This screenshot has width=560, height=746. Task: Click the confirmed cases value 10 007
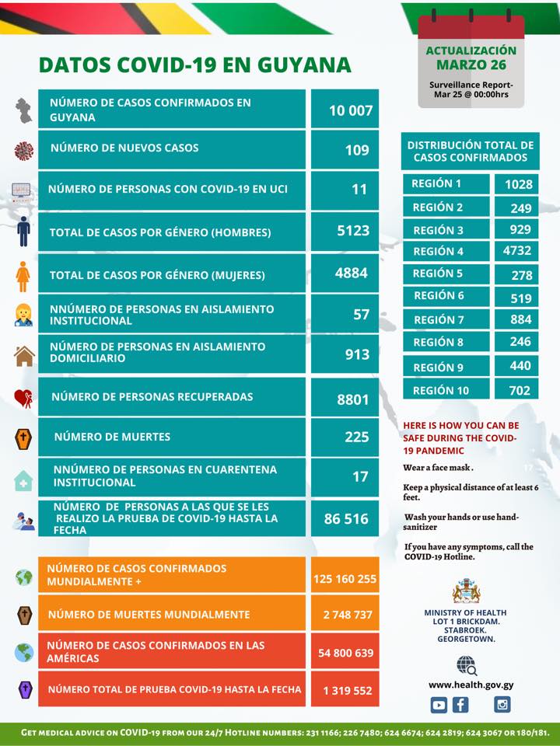coord(351,110)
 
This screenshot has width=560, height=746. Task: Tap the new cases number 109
coord(357,150)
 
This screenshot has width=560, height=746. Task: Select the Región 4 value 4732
coord(516,250)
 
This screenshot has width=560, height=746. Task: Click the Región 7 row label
coord(439,319)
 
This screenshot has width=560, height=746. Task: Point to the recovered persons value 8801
coord(353,399)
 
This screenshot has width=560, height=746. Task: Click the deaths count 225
coord(357,437)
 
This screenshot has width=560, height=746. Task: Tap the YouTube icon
coord(439,705)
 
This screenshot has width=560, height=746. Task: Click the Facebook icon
coord(460,705)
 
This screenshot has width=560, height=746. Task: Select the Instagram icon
coord(502,704)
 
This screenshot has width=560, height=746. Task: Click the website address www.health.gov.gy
coord(471,685)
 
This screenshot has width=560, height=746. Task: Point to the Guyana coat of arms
coord(466,591)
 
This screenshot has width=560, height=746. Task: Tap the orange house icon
coord(24,356)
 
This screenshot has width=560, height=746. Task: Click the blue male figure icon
coord(23,232)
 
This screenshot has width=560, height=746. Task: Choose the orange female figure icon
coord(23,276)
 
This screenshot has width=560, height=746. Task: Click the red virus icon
coord(24,151)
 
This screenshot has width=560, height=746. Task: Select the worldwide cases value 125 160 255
coord(345,579)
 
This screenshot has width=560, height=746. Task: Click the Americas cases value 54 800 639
coord(345,653)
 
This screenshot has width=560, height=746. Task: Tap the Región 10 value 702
coord(520,391)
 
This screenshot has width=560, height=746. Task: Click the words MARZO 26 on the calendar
coord(471,64)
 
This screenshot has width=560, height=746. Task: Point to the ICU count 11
coord(359,190)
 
